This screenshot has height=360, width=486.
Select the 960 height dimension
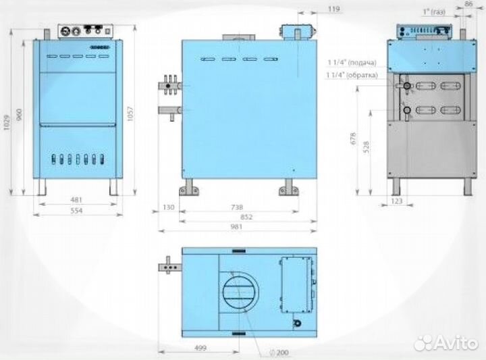(20, 115)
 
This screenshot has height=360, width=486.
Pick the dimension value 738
(237, 207)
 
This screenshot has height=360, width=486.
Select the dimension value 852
(237, 217)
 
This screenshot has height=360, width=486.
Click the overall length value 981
(237, 228)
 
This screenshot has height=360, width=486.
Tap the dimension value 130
(169, 207)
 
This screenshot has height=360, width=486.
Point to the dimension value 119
(333, 9)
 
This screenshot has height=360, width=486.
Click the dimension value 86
(469, 4)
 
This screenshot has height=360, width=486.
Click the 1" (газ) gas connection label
(435, 12)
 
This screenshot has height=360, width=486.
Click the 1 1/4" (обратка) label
(352, 74)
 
